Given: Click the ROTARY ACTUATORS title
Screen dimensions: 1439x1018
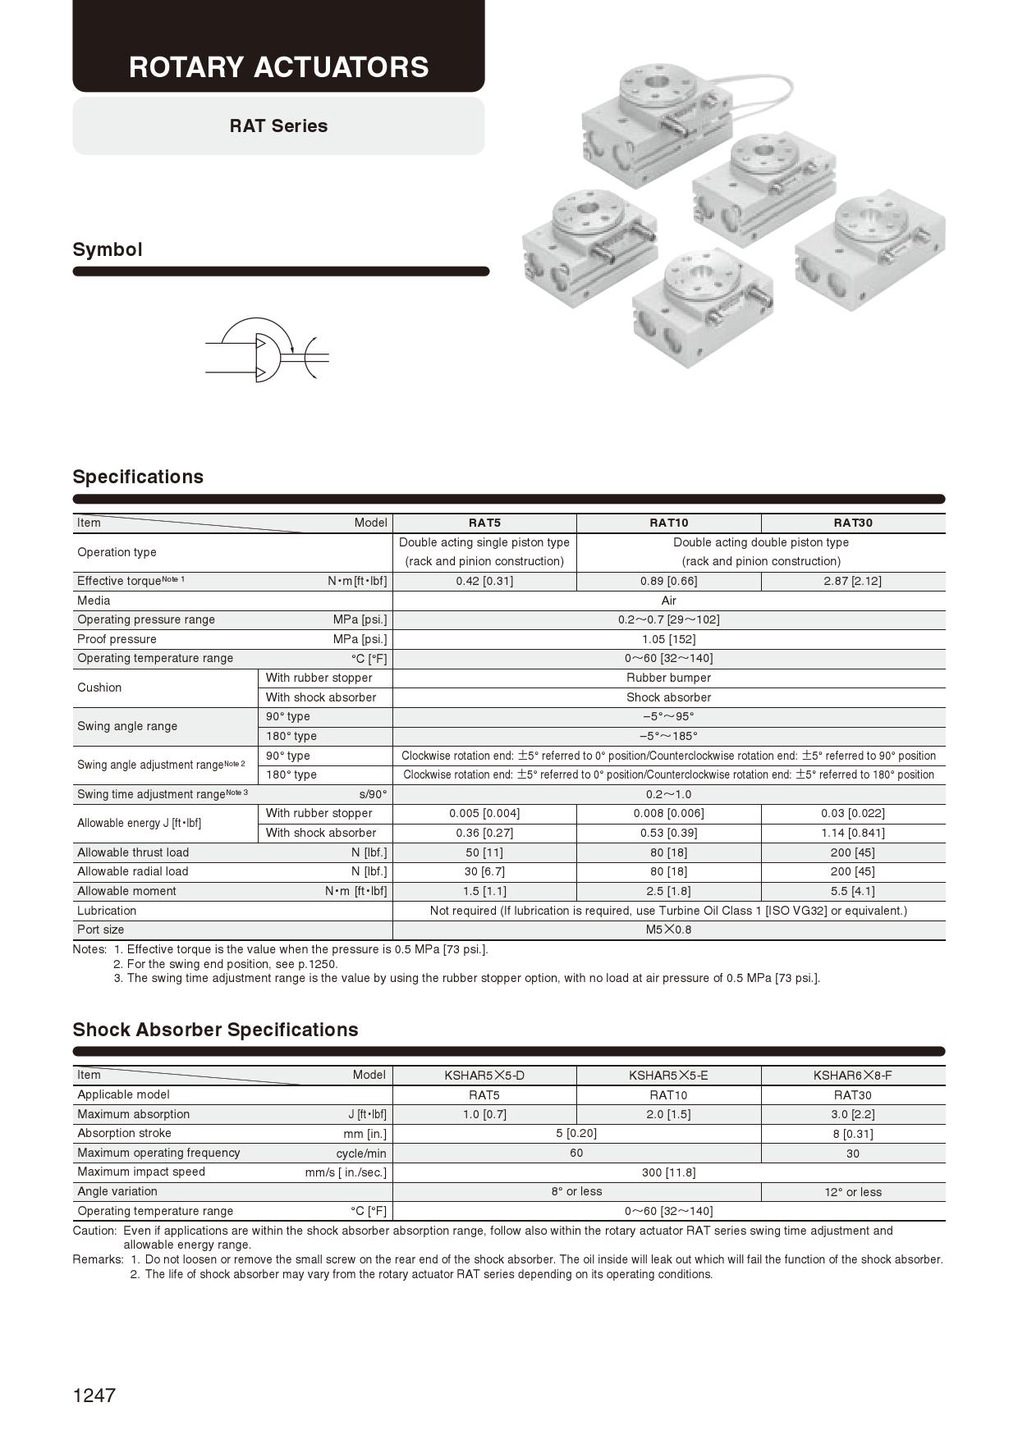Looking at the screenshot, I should tap(278, 66).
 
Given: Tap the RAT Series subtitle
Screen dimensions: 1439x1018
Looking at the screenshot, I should tap(278, 126).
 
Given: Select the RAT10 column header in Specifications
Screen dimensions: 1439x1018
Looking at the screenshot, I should tap(668, 523).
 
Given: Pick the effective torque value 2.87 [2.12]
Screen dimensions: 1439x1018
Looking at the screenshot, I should tap(852, 581).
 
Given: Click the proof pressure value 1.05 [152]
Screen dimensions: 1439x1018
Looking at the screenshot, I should tap(668, 639).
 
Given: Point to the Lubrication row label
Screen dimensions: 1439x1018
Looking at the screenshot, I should tap(107, 911).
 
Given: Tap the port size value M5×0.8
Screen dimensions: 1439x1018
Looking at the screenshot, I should tap(668, 930).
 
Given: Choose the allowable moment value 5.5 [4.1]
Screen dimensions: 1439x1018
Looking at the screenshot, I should tap(852, 891).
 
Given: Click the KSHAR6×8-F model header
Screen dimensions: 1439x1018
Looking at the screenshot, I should tap(852, 1075).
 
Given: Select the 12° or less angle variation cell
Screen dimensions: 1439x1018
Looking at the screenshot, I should tap(852, 1192).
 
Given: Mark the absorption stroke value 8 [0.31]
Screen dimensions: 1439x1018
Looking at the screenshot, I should tap(852, 1134).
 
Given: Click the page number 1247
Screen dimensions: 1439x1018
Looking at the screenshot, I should tap(94, 1395).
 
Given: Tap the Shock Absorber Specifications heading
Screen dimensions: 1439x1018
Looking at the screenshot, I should tap(215, 1030).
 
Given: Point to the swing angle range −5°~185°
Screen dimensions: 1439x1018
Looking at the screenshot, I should tap(668, 736).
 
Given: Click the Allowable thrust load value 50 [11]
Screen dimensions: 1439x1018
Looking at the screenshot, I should tap(484, 852).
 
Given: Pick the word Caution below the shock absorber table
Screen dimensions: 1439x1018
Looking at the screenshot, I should tap(94, 1231).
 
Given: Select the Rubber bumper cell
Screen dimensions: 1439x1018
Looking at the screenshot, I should tap(668, 678).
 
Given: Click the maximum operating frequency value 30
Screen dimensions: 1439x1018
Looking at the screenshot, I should tap(852, 1153).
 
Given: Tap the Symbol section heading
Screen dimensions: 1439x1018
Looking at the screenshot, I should tap(108, 249).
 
